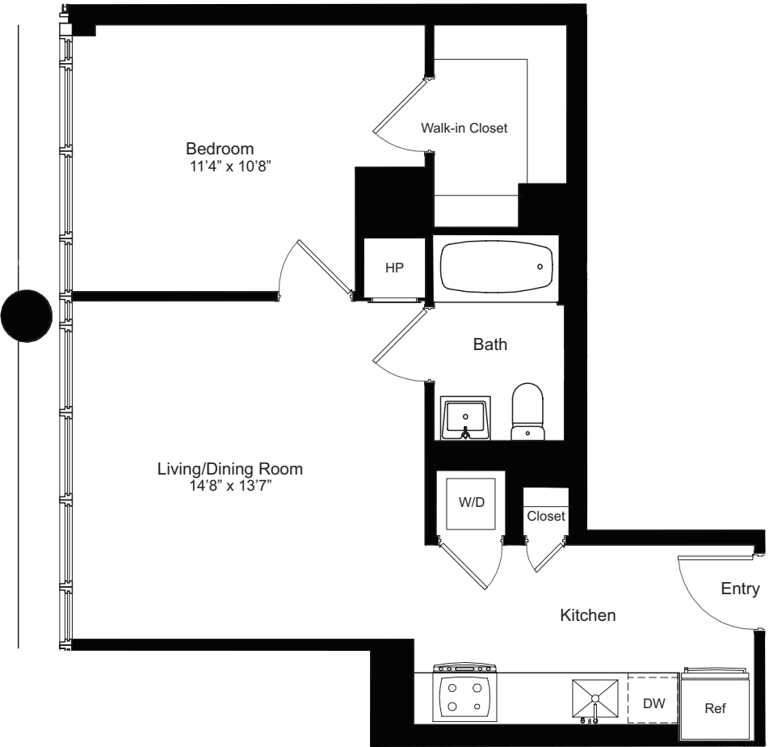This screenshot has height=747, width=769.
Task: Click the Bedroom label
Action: (x=220, y=149)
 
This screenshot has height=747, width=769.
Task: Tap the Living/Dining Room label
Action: (x=230, y=469)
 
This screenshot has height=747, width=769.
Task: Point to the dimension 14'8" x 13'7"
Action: (x=230, y=486)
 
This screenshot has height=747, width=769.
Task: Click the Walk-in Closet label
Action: (x=464, y=128)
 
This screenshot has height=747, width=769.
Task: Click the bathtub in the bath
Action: (x=496, y=266)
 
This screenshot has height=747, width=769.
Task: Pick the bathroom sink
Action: (x=465, y=417)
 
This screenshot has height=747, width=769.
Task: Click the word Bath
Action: (x=490, y=344)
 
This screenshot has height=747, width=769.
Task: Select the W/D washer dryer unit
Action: (x=472, y=502)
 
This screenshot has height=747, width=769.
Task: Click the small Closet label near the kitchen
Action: (x=545, y=516)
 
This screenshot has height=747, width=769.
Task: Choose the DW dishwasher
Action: (x=653, y=703)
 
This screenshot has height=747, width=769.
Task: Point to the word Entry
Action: (x=740, y=589)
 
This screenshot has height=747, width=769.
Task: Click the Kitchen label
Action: (x=588, y=616)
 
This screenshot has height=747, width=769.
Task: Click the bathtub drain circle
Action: (x=540, y=266)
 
